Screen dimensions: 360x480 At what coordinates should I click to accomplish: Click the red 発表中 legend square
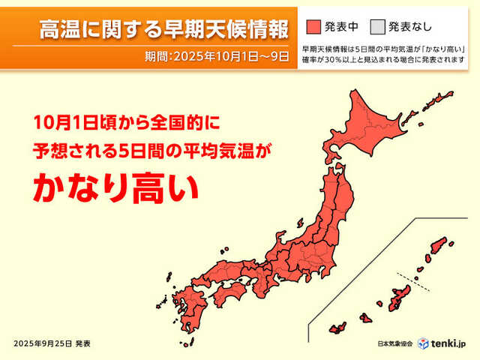[x=313, y=28]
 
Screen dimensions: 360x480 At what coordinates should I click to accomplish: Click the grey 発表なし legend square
[x=377, y=28]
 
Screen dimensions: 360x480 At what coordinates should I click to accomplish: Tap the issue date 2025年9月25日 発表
[x=52, y=343]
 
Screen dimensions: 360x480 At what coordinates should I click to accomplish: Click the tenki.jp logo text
[x=451, y=343]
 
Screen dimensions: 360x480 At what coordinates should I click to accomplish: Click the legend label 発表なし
[x=410, y=28]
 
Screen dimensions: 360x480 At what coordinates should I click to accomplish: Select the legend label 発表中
[x=342, y=28]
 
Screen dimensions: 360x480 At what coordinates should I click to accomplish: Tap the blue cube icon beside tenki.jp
[x=424, y=343]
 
